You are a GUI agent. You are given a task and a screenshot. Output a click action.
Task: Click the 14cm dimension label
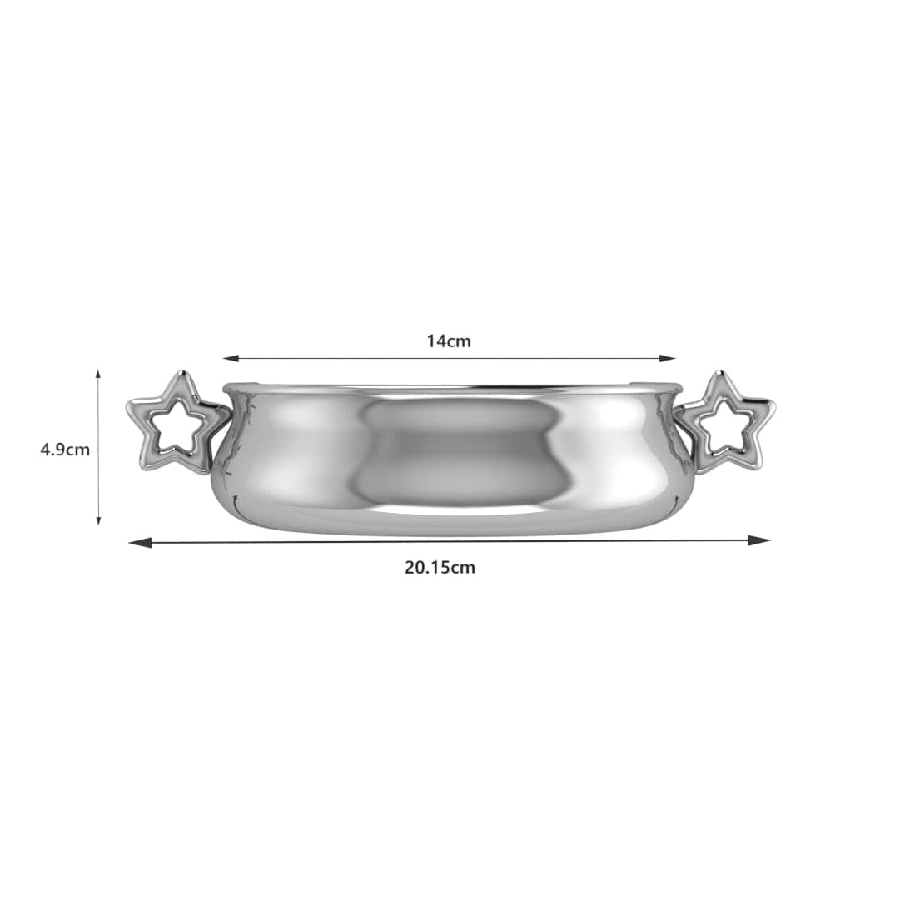[449, 341]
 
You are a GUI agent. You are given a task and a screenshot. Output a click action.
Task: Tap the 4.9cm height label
[65, 450]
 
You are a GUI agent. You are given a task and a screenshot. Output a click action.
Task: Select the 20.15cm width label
[440, 568]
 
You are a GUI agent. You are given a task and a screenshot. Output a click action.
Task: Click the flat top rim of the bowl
[450, 387]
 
